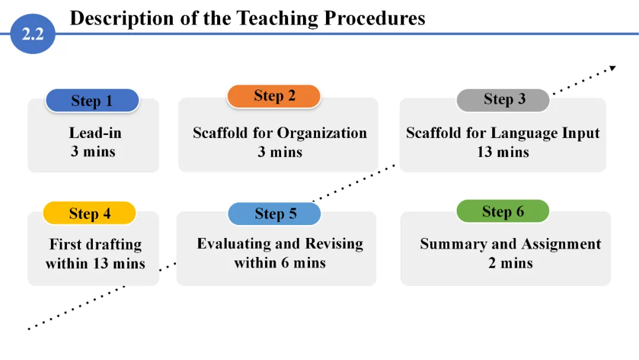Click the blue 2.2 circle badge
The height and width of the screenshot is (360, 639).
(x=33, y=34)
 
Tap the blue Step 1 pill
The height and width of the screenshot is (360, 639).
(x=92, y=100)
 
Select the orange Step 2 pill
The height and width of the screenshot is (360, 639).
(x=274, y=97)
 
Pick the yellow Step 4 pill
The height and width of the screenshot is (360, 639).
(x=89, y=213)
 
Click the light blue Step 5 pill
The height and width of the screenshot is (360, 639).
(x=275, y=214)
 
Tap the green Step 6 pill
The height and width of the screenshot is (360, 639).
(x=503, y=211)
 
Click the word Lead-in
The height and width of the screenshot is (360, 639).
(x=95, y=133)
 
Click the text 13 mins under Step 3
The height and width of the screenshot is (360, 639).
(x=503, y=152)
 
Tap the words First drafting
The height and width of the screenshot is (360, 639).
(x=95, y=245)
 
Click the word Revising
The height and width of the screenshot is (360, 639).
(x=334, y=244)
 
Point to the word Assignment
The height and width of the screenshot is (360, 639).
(x=561, y=245)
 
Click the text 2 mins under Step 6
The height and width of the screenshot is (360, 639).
(x=511, y=263)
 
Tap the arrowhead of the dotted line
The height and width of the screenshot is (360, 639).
(x=613, y=68)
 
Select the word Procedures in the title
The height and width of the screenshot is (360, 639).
(x=375, y=18)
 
